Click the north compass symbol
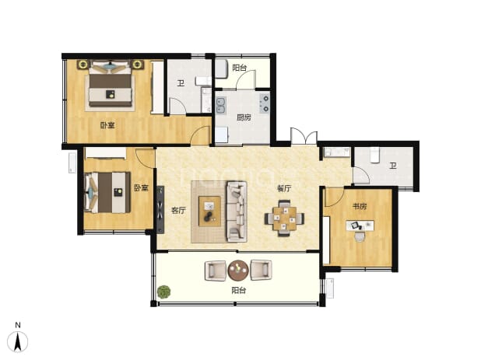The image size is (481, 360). pyautogui.click(x=17, y=341)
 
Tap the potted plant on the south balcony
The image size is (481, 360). pyautogui.click(x=163, y=292)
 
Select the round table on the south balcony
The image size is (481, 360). pyautogui.click(x=238, y=271)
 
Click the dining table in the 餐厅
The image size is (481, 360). pyautogui.click(x=285, y=218)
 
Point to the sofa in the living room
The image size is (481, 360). pyautogui.click(x=237, y=211)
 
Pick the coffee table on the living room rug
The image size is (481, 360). pyautogui.click(x=209, y=211)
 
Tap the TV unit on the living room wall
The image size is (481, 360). pyautogui.click(x=160, y=210)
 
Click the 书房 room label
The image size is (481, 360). pyautogui.click(x=360, y=206)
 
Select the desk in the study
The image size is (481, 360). pyautogui.click(x=360, y=225)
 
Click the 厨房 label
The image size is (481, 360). pyautogui.click(x=244, y=117)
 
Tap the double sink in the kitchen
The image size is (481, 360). pyautogui.click(x=221, y=105)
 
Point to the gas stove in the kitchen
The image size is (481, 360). pyautogui.click(x=265, y=103)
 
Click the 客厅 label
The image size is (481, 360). pyautogui.click(x=178, y=210)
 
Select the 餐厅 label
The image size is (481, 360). pyautogui.click(x=284, y=188)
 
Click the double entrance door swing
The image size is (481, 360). pyautogui.click(x=304, y=136)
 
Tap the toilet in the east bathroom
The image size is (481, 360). pyautogui.click(x=374, y=155)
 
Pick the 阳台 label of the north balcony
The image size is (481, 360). pyautogui.click(x=239, y=68)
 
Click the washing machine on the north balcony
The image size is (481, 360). pyautogui.click(x=221, y=68)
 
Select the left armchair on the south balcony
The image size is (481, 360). pyautogui.click(x=216, y=270)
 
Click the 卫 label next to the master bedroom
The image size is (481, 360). pyautogui.click(x=181, y=82)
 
